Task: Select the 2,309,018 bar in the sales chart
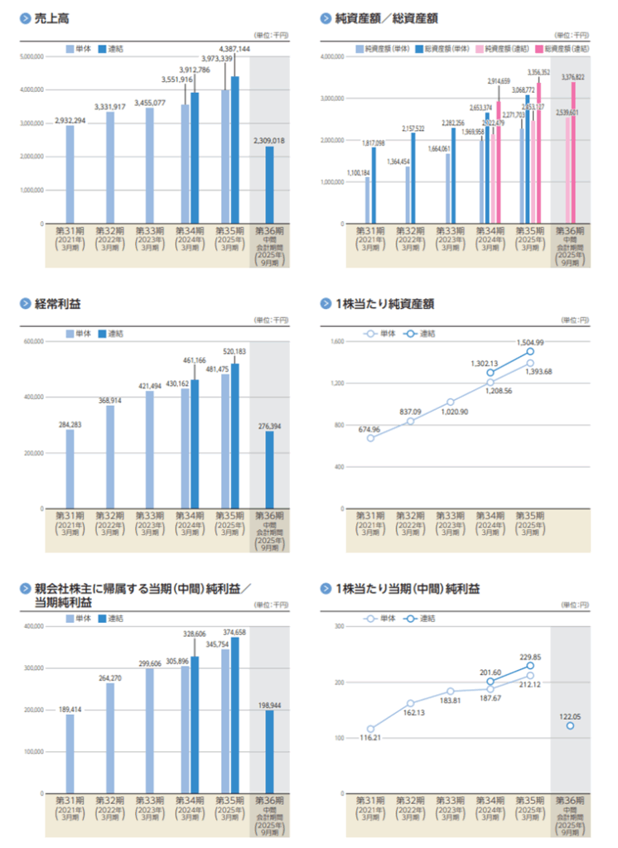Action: point(269,185)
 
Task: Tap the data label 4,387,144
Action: point(234,50)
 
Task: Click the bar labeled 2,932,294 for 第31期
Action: point(70,175)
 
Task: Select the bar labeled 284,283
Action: point(70,468)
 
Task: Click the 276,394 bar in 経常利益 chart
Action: point(269,469)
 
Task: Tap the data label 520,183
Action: point(234,352)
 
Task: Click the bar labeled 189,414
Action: point(70,753)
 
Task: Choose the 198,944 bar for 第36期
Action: point(269,751)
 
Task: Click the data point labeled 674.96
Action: point(370,437)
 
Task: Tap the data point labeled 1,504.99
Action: point(530,351)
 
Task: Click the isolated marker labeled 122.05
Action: point(571,725)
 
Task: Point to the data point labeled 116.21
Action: point(370,729)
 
